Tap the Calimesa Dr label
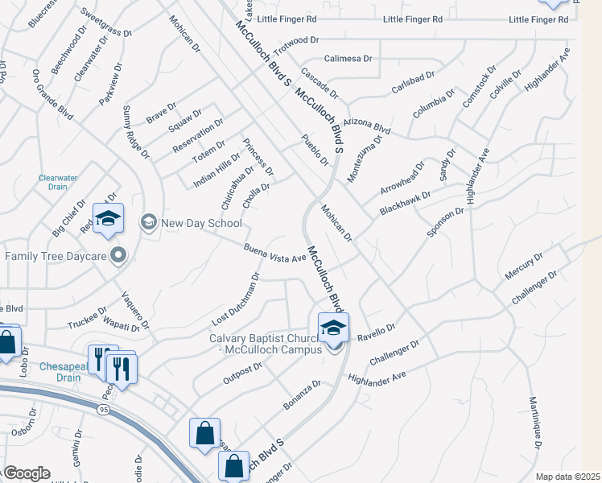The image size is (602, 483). click(348, 59)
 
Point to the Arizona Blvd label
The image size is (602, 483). click(366, 126)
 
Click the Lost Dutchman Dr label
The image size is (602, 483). click(235, 299)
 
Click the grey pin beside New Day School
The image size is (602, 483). click(148, 221)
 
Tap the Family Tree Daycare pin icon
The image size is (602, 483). click(119, 257)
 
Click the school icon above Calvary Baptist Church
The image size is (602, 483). click(333, 328)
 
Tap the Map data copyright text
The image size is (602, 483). click(567, 477)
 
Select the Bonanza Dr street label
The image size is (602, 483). click(302, 395)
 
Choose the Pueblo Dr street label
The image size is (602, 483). click(315, 150)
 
